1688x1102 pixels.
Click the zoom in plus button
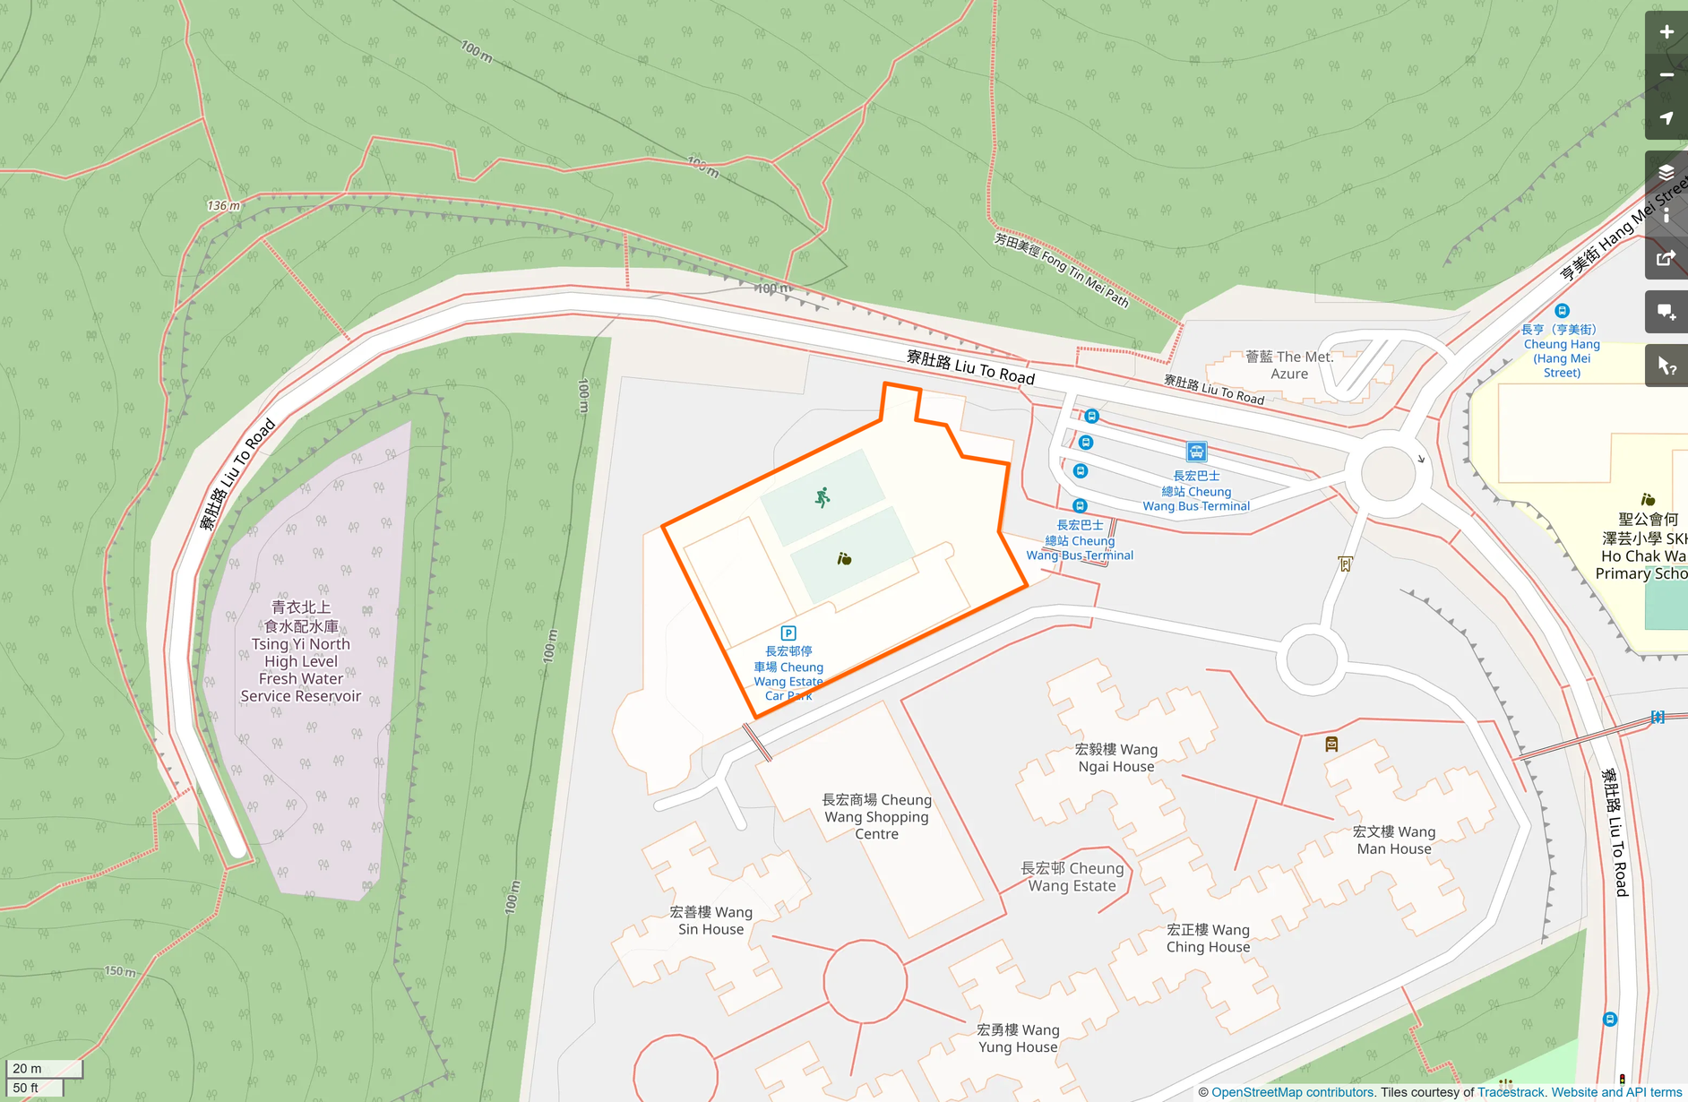point(1666,32)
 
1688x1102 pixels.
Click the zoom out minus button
point(1666,75)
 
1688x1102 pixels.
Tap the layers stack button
point(1666,172)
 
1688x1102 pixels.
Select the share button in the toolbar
point(1666,259)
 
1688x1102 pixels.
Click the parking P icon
point(788,633)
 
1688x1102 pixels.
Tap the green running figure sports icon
point(822,497)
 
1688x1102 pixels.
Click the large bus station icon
point(1196,452)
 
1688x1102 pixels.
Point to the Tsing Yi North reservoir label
point(301,651)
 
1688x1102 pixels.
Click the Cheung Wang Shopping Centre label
point(876,816)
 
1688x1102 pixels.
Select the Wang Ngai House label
point(1116,757)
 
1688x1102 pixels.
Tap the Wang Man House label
point(1393,839)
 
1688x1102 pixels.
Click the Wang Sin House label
point(711,920)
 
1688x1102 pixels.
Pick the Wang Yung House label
point(1018,1037)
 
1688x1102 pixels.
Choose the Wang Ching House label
point(1208,938)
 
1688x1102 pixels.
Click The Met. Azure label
point(1289,365)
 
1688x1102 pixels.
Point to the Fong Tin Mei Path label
point(1062,269)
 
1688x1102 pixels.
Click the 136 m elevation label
point(223,206)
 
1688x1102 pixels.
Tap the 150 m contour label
point(120,971)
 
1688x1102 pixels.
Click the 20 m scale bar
point(44,1068)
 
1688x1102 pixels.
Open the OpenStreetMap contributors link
point(1292,1092)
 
